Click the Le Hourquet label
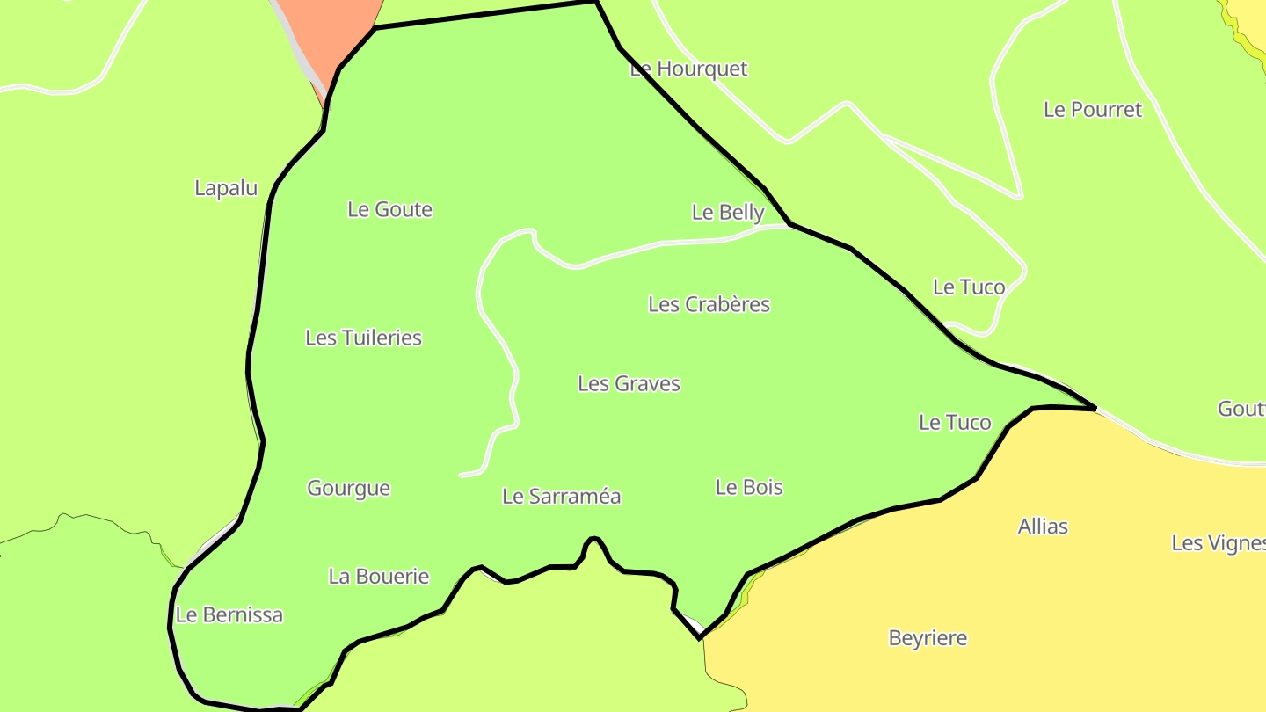(688, 69)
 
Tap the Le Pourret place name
(1092, 110)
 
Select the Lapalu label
(226, 188)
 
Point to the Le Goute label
(389, 209)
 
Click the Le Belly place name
(728, 212)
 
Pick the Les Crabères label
(709, 304)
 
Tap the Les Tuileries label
(363, 338)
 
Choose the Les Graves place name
(629, 383)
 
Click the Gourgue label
(348, 488)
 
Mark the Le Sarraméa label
(561, 496)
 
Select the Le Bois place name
(749, 487)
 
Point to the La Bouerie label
(378, 577)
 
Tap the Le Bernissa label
(229, 614)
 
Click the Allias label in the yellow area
(1043, 527)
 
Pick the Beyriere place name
(928, 638)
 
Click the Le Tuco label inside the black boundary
(955, 423)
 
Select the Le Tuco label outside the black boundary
(968, 287)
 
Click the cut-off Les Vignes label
(1218, 543)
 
